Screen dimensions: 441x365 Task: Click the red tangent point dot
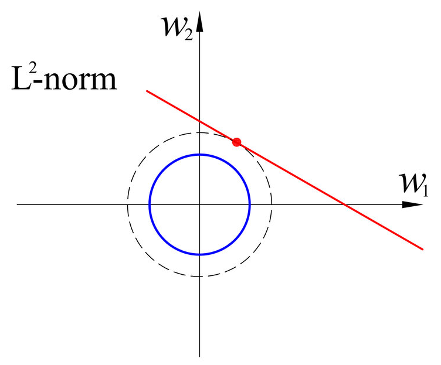pos(236,142)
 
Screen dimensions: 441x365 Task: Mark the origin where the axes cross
pos(200,204)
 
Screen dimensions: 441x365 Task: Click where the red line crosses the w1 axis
pos(345,204)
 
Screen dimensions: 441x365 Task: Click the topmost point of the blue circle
pos(200,155)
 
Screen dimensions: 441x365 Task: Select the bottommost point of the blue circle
pos(200,255)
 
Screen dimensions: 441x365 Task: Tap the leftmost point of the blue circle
pos(150,204)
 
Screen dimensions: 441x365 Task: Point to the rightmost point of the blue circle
pos(250,204)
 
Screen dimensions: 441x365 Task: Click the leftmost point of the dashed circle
pos(128,204)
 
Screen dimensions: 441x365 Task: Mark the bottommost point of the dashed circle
pos(200,277)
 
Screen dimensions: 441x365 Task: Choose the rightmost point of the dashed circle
pos(272,204)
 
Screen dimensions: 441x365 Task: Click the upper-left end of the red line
pos(147,91)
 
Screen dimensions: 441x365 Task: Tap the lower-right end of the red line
pos(423,249)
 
